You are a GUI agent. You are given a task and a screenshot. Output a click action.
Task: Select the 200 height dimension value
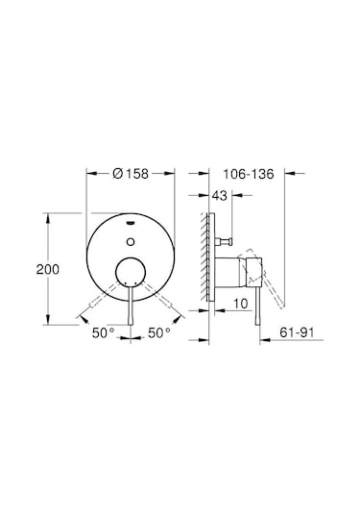pos(33,270)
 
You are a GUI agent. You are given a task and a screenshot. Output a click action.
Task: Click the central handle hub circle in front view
pos(129,274)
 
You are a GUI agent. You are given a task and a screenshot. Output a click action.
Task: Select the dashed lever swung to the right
pos(159,301)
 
